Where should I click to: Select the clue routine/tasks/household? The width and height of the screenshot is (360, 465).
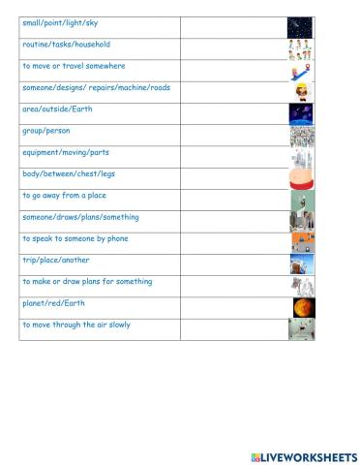point(66,45)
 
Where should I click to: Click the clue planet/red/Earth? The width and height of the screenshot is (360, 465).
point(53,303)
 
